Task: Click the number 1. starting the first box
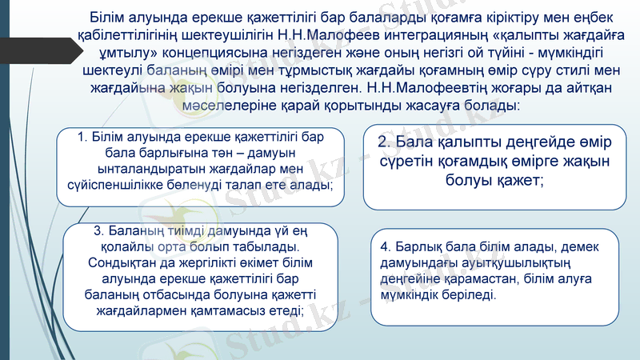[83, 137]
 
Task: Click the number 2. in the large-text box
[385, 142]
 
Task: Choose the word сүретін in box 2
[410, 162]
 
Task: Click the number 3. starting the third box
[100, 232]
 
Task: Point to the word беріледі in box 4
[470, 294]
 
